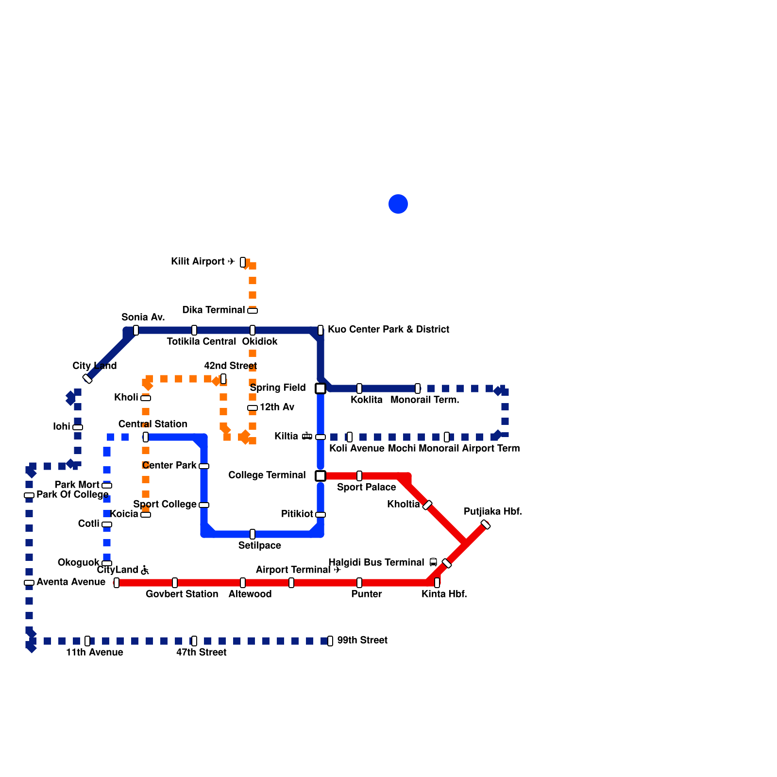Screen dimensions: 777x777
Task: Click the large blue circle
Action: (x=398, y=204)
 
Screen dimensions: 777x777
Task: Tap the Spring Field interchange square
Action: (x=321, y=388)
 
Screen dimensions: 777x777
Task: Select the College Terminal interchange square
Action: (x=321, y=476)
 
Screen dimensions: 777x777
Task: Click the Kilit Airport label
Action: (x=198, y=262)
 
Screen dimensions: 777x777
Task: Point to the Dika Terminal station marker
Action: (x=253, y=311)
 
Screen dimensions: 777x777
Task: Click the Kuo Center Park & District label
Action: (x=388, y=330)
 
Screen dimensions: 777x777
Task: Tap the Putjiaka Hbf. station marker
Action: (x=486, y=524)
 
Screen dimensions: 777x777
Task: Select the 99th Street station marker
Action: (x=330, y=641)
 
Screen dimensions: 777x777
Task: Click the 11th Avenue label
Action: (x=94, y=653)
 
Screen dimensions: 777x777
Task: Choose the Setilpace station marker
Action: (x=253, y=534)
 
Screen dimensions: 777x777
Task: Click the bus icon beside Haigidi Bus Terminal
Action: (x=433, y=563)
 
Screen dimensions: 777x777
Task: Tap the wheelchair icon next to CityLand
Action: (x=145, y=570)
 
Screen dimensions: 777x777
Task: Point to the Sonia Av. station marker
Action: (x=136, y=330)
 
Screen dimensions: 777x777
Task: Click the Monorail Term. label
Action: (x=424, y=400)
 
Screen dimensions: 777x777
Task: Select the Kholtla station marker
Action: (x=427, y=505)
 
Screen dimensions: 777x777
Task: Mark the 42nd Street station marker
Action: (x=223, y=379)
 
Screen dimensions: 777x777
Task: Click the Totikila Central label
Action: (x=201, y=342)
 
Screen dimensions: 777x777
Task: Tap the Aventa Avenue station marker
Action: (x=29, y=583)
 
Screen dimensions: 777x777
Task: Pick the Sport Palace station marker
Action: (x=359, y=476)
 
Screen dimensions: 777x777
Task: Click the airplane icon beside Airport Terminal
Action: (x=338, y=570)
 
